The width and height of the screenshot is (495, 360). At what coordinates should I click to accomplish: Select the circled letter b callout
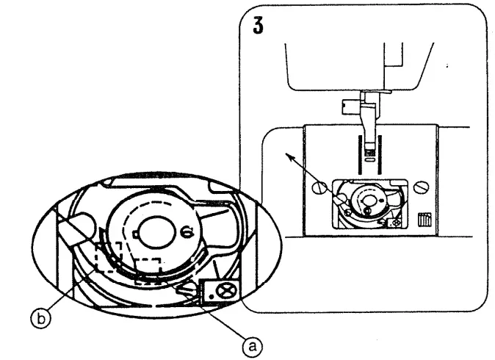(x=44, y=317)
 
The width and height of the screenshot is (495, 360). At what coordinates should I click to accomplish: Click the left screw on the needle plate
(x=317, y=188)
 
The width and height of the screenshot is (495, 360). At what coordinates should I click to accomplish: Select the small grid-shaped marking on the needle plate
(x=423, y=220)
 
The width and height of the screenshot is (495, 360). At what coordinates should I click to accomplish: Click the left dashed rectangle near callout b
(x=108, y=256)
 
